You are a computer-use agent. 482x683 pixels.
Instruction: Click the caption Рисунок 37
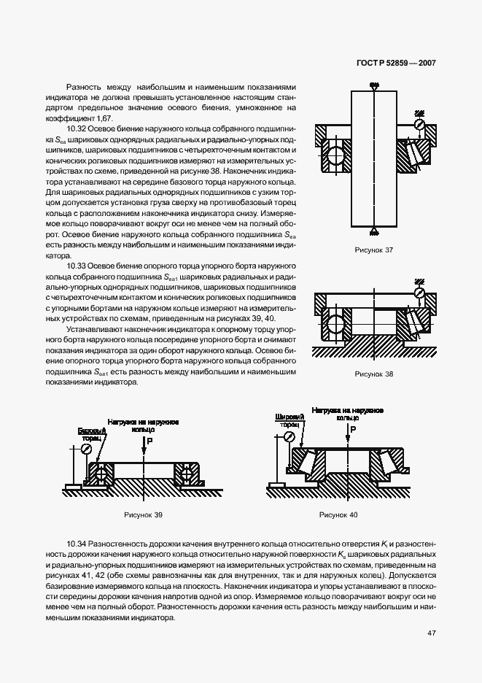coord(373,250)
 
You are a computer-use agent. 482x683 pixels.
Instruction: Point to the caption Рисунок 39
coord(143,515)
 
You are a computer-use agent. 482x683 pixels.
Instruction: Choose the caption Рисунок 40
coord(339,515)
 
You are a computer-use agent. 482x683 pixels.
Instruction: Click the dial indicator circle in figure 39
coord(87,448)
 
